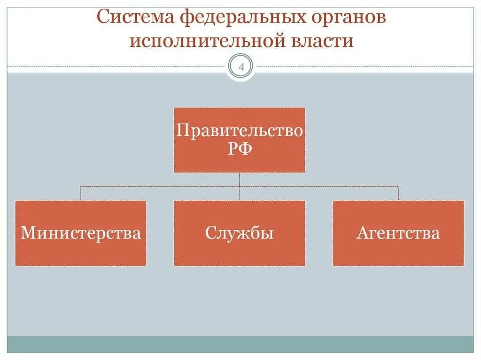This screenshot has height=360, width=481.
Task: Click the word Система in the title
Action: click(x=136, y=18)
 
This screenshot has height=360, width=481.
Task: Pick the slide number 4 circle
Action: click(x=240, y=67)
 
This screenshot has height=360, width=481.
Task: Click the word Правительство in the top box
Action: click(x=240, y=130)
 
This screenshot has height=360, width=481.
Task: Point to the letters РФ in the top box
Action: click(x=240, y=149)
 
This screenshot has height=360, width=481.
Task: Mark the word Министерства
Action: click(x=80, y=233)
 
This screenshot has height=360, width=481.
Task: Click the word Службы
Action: click(x=240, y=233)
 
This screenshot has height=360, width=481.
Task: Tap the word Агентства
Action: click(x=398, y=233)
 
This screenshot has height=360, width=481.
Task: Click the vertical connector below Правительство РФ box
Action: click(x=240, y=179)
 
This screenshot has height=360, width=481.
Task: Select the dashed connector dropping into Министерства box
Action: click(x=80, y=193)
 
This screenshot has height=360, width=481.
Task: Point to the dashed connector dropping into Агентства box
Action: click(x=398, y=193)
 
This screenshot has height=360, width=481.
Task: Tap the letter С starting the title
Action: click(x=103, y=18)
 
